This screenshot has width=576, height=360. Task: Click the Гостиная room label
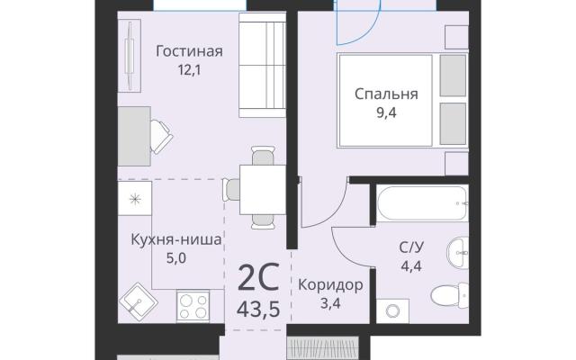click(x=189, y=51)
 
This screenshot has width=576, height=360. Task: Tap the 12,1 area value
click(x=189, y=70)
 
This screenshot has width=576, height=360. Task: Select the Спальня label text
click(x=386, y=94)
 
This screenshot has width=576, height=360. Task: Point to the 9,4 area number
click(x=386, y=112)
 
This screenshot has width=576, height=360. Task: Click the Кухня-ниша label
click(x=176, y=239)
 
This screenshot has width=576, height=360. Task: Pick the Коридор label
click(x=330, y=284)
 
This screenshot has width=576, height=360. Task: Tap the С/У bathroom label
click(x=411, y=247)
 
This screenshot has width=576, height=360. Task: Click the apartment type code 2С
click(x=258, y=276)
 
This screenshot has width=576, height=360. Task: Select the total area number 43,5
click(x=258, y=310)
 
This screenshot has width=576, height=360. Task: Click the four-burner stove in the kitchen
click(x=193, y=304)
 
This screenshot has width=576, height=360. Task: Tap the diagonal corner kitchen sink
click(x=139, y=302)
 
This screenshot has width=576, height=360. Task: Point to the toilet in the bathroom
click(x=450, y=294)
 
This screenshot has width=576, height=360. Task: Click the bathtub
click(x=422, y=203)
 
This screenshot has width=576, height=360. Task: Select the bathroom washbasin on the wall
click(x=457, y=252)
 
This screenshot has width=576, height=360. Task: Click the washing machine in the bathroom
click(x=392, y=311)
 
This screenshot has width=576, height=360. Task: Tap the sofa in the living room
click(x=262, y=65)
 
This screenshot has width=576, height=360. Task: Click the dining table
click(x=263, y=190)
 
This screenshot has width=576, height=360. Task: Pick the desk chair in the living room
click(x=161, y=136)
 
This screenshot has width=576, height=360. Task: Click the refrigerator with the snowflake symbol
click(x=135, y=198)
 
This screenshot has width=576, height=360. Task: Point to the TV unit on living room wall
click(x=130, y=56)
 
